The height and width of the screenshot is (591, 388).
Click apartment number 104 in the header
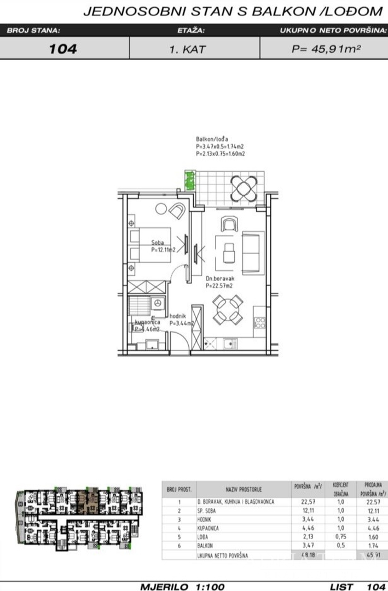(63, 49)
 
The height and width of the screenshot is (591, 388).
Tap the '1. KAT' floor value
(188, 49)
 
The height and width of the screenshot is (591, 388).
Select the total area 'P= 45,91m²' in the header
(326, 49)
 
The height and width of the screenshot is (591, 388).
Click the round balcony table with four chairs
(242, 188)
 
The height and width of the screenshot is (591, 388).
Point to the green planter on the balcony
(190, 180)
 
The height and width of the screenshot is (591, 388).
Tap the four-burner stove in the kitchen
(259, 323)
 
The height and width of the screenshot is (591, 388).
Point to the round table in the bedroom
(161, 208)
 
